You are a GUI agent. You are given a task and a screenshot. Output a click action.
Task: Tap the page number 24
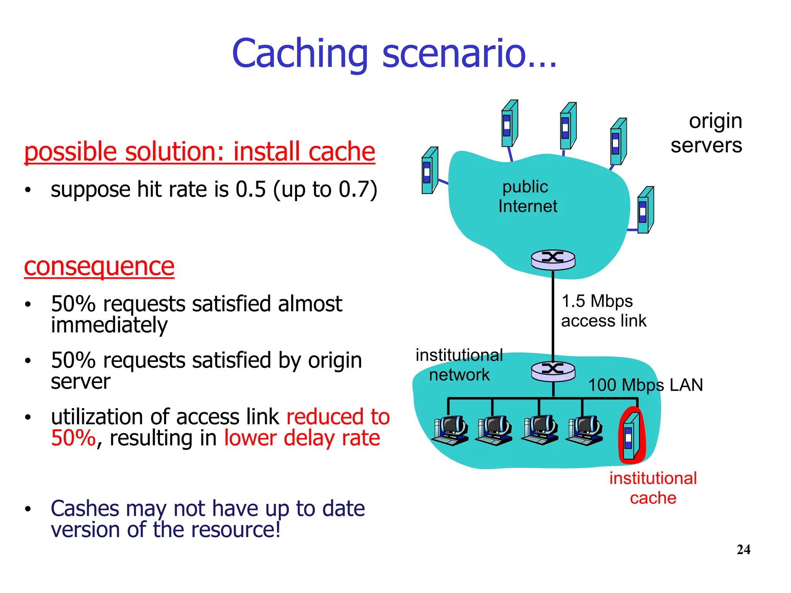point(743,549)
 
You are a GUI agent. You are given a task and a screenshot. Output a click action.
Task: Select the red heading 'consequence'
point(99,266)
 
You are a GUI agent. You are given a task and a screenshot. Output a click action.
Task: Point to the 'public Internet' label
point(527,197)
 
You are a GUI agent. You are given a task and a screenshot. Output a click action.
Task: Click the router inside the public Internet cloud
point(553,259)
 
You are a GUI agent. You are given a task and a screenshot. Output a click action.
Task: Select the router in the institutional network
point(553,371)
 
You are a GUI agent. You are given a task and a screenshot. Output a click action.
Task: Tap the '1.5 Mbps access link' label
point(603,311)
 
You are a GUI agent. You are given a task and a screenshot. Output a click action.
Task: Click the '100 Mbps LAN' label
point(645,385)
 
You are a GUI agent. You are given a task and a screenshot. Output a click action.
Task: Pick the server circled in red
point(631,435)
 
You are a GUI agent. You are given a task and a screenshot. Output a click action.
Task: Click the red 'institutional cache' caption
point(653,488)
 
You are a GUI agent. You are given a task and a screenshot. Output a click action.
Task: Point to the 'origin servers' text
point(706,133)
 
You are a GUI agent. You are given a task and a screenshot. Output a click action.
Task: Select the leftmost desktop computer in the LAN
point(450,430)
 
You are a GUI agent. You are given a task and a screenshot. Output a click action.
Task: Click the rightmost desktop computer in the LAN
point(584,430)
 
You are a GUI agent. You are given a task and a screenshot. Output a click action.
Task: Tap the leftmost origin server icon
point(429,171)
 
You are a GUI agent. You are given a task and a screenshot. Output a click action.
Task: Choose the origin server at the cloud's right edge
point(645,210)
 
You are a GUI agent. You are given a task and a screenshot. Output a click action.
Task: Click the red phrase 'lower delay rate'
point(302,438)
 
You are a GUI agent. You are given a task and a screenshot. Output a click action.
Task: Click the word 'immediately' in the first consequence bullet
point(109,325)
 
